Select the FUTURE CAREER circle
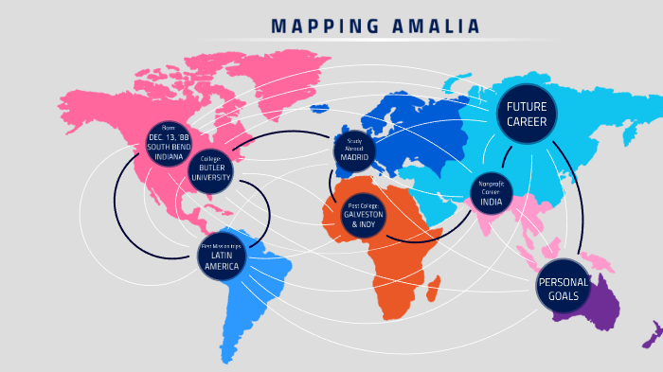point(527,114)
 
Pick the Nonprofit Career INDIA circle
point(492,193)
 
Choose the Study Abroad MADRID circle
point(355,151)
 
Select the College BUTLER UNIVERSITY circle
point(210,168)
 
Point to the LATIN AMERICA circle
point(221,256)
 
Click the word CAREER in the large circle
point(527,122)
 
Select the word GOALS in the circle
point(563,296)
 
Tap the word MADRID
point(355,157)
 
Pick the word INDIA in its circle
point(492,202)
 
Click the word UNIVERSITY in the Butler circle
point(210,177)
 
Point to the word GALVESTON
point(364,215)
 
